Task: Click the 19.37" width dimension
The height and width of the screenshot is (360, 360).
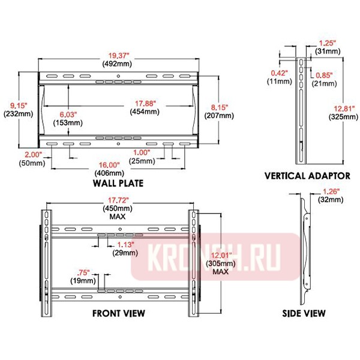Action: tap(119, 56)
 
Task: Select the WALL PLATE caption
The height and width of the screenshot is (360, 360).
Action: tap(118, 183)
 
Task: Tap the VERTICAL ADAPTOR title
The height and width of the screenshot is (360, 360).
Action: tap(307, 176)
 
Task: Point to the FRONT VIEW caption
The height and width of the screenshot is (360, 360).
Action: tap(119, 313)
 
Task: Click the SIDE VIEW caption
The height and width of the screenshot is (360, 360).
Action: tap(304, 313)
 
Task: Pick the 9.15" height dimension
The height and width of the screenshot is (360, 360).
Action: tap(19, 106)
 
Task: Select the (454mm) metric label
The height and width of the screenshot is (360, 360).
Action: tap(145, 112)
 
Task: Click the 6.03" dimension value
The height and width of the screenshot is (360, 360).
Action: tap(68, 115)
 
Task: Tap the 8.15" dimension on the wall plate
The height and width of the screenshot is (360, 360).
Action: tap(220, 107)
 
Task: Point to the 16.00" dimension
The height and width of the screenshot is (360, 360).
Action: tap(109, 165)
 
